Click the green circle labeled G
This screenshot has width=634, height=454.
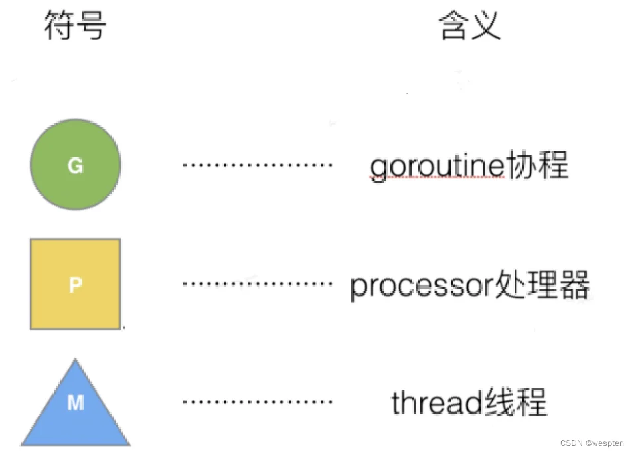[x=76, y=165]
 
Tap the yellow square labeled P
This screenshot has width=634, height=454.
[x=75, y=284]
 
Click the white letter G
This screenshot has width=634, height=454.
[x=75, y=165]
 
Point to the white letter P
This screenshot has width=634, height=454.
[x=76, y=285]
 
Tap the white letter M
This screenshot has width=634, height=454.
[x=76, y=403]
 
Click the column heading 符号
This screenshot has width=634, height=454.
[x=75, y=25]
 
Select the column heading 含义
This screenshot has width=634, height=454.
[x=470, y=25]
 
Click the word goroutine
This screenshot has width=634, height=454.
[x=437, y=167]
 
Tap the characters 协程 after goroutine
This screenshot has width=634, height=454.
[x=537, y=165]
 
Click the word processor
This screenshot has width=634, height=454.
[x=422, y=286]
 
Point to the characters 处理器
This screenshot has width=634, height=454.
[x=542, y=284]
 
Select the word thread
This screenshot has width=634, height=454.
[x=437, y=402]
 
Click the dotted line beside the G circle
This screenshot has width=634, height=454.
[x=258, y=165]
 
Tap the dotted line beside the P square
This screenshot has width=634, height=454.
[x=258, y=284]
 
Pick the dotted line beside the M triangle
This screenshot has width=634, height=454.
[x=258, y=402]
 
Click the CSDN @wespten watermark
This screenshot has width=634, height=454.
[x=592, y=443]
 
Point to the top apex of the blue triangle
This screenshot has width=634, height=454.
[x=76, y=359]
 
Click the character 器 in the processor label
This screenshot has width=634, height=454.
[x=574, y=284]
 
